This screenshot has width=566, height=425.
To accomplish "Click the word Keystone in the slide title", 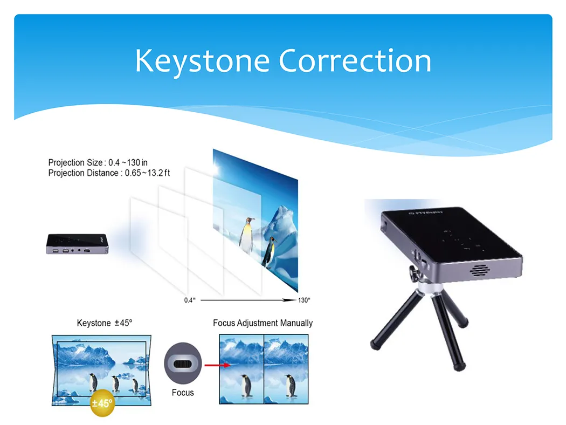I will click(202, 60).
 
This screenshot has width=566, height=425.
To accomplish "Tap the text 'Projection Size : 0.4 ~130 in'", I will click(98, 163).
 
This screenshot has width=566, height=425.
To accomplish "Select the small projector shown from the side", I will click(77, 244).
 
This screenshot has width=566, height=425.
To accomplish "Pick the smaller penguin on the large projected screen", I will click(270, 251).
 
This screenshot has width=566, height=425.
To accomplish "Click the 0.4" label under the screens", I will click(188, 300).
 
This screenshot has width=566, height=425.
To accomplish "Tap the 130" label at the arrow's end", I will click(305, 300).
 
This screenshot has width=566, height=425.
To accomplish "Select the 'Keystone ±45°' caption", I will click(105, 323).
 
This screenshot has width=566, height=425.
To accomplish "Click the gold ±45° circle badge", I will click(102, 403).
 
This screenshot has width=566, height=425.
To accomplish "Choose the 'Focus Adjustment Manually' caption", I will click(263, 323).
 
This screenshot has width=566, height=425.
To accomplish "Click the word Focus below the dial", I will click(183, 393).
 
